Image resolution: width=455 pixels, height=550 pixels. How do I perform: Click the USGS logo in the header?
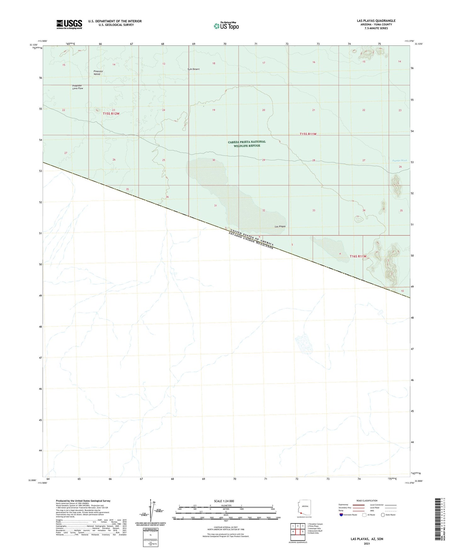[69, 24]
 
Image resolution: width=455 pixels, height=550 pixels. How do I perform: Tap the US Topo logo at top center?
[226, 26]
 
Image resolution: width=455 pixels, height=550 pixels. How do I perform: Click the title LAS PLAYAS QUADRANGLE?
[376, 21]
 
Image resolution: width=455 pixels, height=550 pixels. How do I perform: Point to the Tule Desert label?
[193, 69]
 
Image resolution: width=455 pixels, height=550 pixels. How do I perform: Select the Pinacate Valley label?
[98, 72]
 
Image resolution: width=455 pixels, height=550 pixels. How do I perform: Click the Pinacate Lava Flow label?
[77, 87]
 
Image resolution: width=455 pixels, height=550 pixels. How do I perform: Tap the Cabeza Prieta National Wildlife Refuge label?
[247, 144]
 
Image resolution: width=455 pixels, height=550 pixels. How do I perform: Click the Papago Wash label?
[399, 161]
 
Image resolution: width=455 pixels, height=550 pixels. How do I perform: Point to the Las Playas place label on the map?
[280, 226]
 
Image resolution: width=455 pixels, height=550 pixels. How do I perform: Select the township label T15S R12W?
[111, 114]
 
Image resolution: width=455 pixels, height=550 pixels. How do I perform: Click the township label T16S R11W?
[358, 256]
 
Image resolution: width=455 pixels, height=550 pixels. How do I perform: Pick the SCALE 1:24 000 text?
[224, 501]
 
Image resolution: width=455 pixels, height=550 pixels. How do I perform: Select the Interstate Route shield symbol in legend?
[341, 515]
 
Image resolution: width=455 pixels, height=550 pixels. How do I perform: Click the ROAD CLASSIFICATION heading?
[367, 501]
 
